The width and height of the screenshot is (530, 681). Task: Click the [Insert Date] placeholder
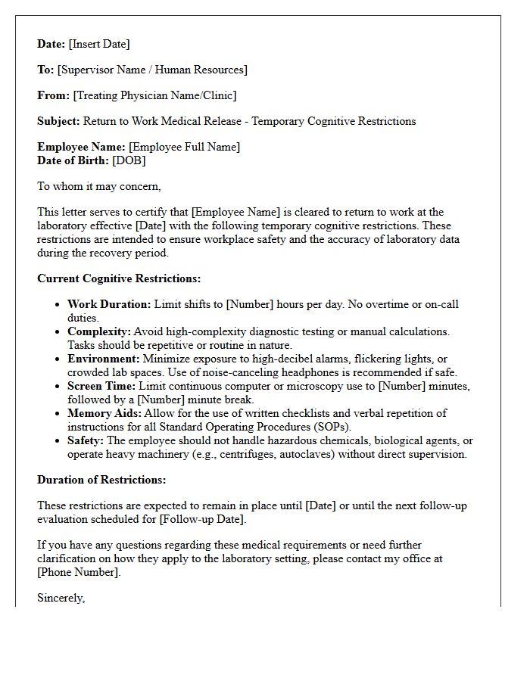coord(99,44)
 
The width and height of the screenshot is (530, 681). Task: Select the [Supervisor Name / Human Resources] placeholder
coord(152,70)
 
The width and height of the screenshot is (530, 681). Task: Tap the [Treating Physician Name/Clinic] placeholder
coord(154,95)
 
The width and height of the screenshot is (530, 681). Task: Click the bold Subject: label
coord(58,121)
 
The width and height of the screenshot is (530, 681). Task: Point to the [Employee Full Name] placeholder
coord(184,147)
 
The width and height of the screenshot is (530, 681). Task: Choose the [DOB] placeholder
coord(129,160)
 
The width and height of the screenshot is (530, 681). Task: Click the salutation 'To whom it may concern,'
coord(99,186)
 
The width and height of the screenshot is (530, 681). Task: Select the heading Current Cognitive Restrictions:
coord(119,278)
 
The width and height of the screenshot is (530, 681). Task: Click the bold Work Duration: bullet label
coord(109,304)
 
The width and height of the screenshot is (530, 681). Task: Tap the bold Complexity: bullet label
coord(99,331)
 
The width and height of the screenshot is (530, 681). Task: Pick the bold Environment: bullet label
coord(103,359)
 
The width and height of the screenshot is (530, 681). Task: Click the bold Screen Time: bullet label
coord(102,386)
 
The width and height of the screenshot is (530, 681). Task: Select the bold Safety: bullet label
coord(86,440)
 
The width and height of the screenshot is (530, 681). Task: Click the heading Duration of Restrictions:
coord(101,480)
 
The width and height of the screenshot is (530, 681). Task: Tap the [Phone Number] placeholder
coord(79,572)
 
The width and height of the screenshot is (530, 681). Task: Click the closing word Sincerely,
coord(61,598)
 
